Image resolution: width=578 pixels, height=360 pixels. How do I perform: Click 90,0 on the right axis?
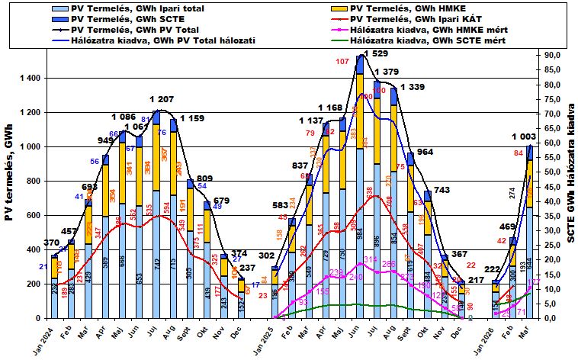tap(551, 55)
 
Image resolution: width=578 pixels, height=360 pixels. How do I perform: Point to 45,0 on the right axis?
tap(551, 186)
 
